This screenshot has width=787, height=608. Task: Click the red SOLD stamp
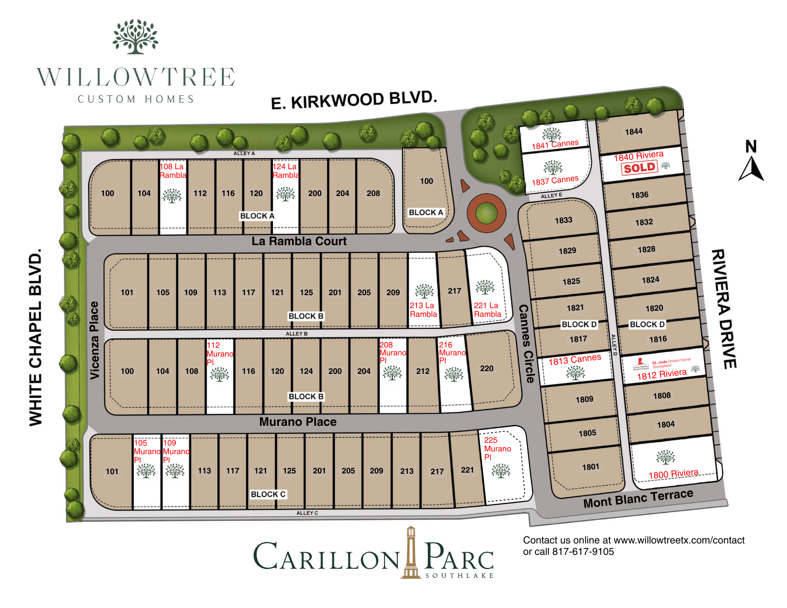coord(639,168)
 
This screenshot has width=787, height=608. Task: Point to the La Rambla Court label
coord(299,241)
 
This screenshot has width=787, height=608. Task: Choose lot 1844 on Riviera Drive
coord(633,132)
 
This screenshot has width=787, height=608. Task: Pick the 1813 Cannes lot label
coord(575,360)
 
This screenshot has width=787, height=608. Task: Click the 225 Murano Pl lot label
coord(497,449)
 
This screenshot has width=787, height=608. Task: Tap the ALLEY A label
coord(244,153)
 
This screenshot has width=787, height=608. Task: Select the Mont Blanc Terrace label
coord(638,499)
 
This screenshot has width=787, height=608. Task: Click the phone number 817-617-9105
coord(583,552)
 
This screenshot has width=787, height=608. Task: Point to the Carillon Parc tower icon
coord(411,553)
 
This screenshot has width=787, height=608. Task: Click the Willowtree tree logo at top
coord(135,37)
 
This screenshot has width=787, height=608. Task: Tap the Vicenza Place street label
coord(94,340)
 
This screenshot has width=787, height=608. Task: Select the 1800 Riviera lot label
coord(673,474)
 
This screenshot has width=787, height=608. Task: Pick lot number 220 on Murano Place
coord(487,368)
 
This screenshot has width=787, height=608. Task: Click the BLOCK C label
coord(268,494)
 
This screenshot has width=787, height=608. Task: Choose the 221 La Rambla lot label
coord(487,310)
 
